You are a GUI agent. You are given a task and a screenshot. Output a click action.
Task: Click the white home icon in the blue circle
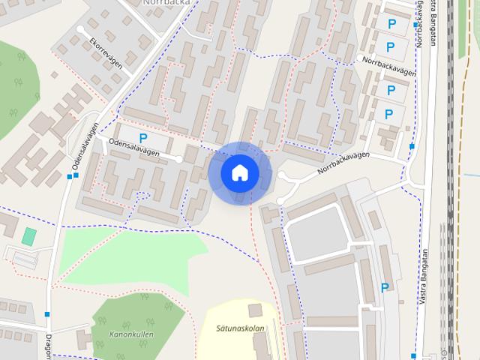pos(239,172)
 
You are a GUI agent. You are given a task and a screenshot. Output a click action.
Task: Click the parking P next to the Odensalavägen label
pos(142,138)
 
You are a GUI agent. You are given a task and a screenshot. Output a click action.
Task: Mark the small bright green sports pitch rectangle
pos(28,235)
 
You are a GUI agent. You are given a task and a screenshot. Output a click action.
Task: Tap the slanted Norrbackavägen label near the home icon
pos(343,163)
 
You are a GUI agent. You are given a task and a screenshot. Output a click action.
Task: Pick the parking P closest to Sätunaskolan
pos(385,287)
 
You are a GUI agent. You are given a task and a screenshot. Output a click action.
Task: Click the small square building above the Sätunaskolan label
pos(255,309)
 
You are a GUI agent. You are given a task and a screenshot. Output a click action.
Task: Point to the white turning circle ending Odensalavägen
pos(179,159)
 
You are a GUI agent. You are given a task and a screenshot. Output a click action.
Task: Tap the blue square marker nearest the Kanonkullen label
pos(48,314)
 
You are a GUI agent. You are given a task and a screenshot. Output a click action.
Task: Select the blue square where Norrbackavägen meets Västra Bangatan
pos(412,147)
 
